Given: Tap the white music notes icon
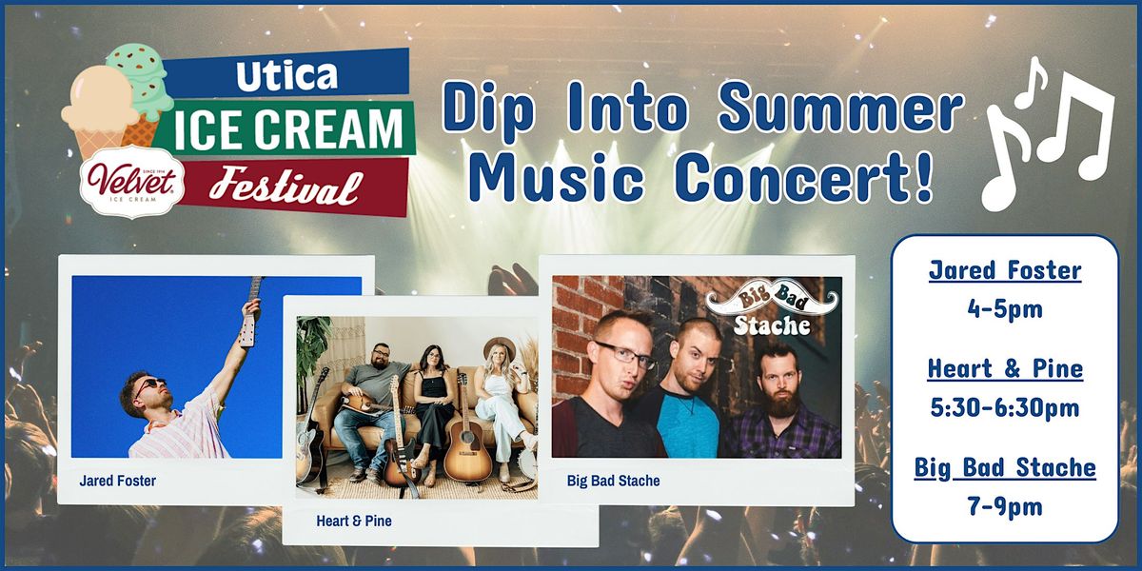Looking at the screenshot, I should pyautogui.click(x=1047, y=133).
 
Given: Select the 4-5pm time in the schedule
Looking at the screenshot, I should pyautogui.click(x=1004, y=310).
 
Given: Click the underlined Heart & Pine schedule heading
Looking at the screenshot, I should pyautogui.click(x=1004, y=368).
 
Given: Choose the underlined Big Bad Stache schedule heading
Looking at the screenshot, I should pyautogui.click(x=1004, y=467).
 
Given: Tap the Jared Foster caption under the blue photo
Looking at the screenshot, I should pyautogui.click(x=118, y=482).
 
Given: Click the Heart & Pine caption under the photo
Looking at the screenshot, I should pyautogui.click(x=354, y=522).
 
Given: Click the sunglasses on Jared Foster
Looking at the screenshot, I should pyautogui.click(x=150, y=385).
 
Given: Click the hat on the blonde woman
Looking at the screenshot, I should pyautogui.click(x=498, y=346).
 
